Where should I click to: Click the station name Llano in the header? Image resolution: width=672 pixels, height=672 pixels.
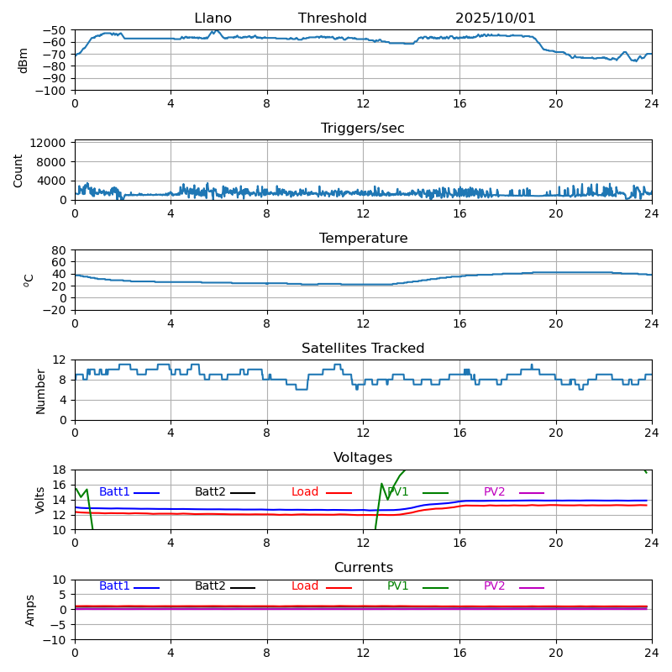[213, 18]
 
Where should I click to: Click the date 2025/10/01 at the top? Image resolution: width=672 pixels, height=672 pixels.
[496, 18]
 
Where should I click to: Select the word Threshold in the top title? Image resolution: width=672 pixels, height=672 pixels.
[332, 18]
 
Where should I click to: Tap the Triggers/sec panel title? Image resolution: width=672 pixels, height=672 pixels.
[363, 129]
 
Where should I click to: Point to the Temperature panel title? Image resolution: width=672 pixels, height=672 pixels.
[363, 239]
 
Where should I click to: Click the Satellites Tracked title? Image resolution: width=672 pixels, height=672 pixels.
[363, 349]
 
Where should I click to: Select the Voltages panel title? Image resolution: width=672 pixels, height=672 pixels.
[363, 458]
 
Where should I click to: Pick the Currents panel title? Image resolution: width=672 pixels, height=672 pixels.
[363, 568]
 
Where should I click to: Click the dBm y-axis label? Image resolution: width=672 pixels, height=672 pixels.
[24, 60]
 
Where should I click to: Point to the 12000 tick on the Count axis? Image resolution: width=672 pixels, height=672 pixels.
[50, 144]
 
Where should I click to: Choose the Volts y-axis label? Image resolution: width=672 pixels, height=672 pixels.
[40, 500]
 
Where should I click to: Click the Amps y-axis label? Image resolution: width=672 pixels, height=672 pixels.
[30, 610]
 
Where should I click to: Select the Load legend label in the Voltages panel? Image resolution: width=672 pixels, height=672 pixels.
[305, 492]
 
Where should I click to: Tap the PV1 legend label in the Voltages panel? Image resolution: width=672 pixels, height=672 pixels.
[398, 492]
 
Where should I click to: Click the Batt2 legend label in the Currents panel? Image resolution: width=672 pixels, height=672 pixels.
[210, 586]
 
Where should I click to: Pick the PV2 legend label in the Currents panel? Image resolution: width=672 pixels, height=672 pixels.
[495, 586]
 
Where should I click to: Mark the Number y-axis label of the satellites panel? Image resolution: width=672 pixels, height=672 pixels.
[40, 391]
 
